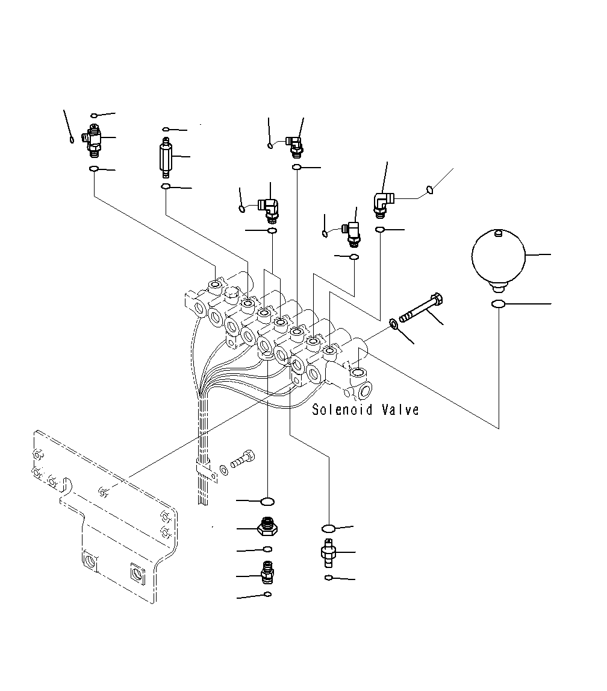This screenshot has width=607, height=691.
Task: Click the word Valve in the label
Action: [x=400, y=411]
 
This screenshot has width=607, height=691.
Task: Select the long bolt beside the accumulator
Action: [x=423, y=308]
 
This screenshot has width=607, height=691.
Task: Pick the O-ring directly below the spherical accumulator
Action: [x=498, y=304]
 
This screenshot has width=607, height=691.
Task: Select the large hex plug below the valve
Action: [x=267, y=527]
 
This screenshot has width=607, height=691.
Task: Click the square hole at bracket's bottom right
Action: [x=138, y=573]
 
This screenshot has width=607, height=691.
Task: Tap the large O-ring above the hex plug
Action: [x=267, y=501]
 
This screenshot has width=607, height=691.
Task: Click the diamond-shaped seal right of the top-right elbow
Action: [x=430, y=191]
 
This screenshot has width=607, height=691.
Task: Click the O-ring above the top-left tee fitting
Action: [x=95, y=115]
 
